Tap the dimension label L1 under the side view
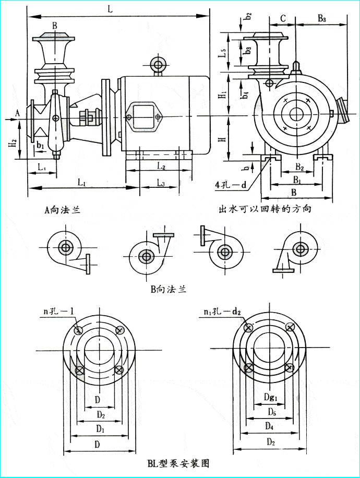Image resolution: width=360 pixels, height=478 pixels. pyautogui.click(x=82, y=182)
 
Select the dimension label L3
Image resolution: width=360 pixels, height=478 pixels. pyautogui.click(x=161, y=182)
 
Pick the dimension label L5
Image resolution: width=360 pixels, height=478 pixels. pyautogui.click(x=222, y=52)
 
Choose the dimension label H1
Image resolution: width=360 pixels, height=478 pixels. pyautogui.click(x=222, y=94)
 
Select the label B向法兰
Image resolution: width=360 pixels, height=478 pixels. pyautogui.click(x=168, y=289)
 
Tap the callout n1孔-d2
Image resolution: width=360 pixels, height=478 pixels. pyautogui.click(x=222, y=312)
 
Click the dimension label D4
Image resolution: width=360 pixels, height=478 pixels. pyautogui.click(x=269, y=426)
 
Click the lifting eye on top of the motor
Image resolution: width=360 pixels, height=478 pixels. pyautogui.click(x=157, y=65)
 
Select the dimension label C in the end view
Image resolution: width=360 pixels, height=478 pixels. pyautogui.click(x=282, y=18)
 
